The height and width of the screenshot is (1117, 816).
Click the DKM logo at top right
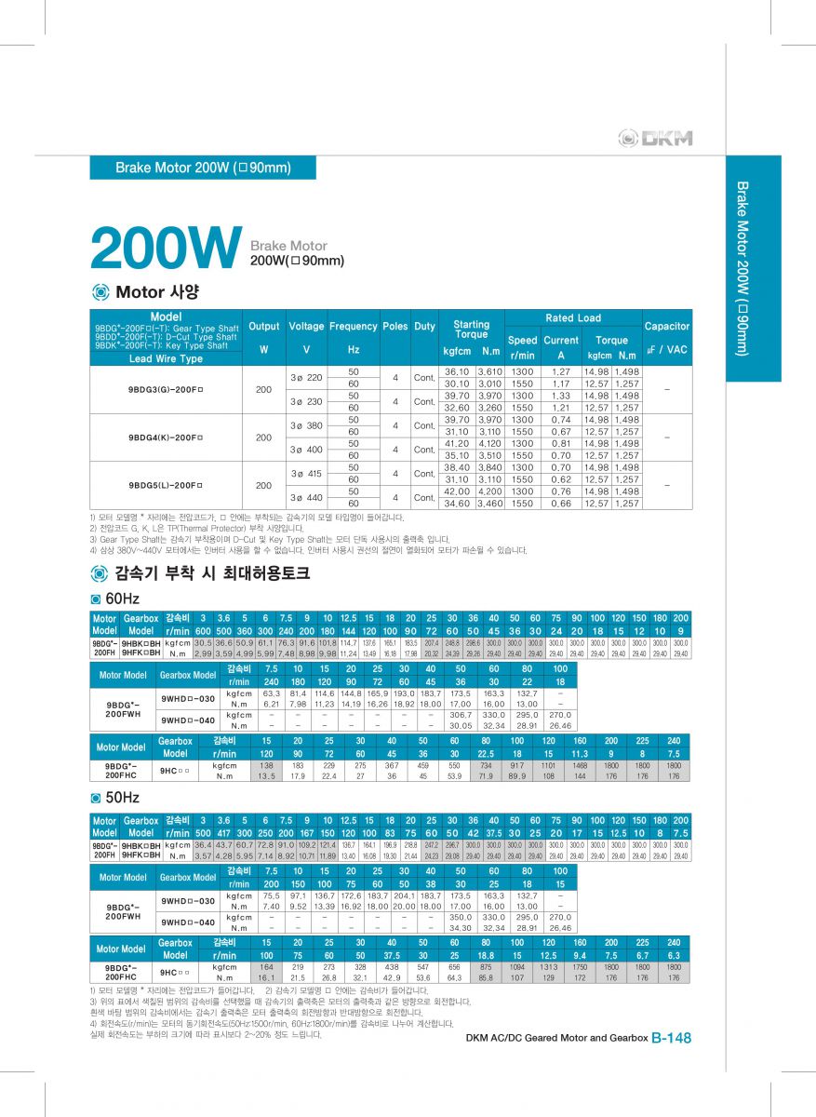coord(656,139)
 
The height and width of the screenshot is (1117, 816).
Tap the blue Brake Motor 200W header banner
coord(203,168)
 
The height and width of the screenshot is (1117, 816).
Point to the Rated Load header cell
coord(573,318)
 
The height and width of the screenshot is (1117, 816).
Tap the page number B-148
coord(671,1038)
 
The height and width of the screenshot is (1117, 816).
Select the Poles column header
coord(395,327)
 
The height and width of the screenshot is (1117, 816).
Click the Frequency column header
coord(354,327)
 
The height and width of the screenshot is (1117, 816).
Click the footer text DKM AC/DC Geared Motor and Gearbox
coord(555,1038)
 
